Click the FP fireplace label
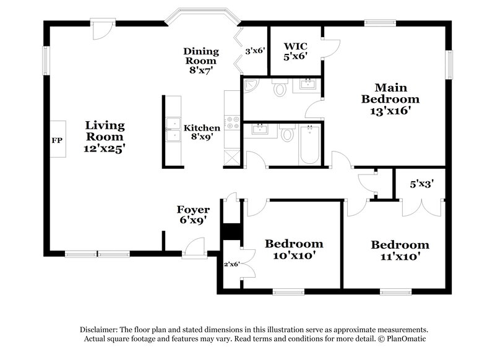click(56, 140)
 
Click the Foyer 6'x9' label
click(193, 214)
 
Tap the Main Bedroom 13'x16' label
click(390, 99)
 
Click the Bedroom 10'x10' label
click(294, 249)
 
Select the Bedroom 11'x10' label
click(400, 250)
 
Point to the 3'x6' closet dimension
click(255, 51)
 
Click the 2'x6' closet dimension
click(231, 264)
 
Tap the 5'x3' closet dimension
click(421, 184)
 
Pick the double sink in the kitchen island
click(172, 129)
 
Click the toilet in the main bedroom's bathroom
click(279, 89)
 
